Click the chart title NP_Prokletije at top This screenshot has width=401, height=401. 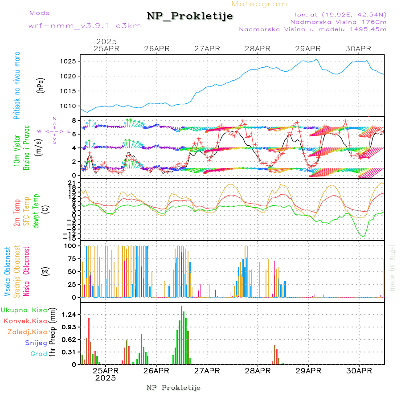[190, 16]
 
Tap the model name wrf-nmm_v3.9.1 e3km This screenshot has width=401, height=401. [85, 25]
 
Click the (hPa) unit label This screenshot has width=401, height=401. [41, 85]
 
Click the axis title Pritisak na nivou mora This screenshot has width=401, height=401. [17, 85]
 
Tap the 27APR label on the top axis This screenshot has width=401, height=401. [207, 49]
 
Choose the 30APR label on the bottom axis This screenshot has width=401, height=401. [359, 371]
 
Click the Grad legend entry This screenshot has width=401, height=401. [39, 354]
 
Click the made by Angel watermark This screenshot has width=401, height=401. [393, 267]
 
